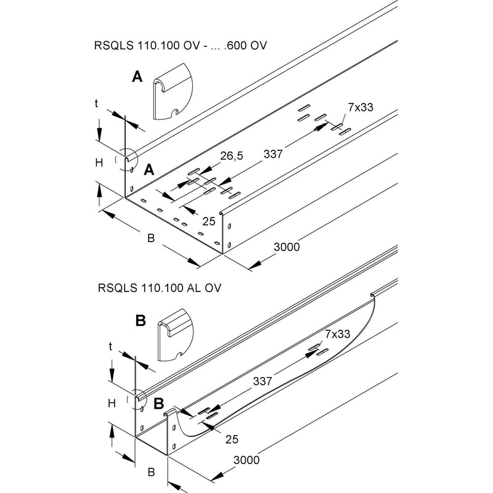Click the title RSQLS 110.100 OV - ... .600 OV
pos(180,46)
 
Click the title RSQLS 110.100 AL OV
pos(160,288)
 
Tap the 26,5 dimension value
pos(232,156)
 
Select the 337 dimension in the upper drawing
pos(273,154)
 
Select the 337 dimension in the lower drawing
pos(263,381)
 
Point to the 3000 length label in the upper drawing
pos(287,247)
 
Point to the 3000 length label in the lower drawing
pos(246,460)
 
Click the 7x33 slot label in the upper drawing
pos(361,107)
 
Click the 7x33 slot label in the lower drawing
pos(337,334)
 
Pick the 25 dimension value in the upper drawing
pos(209,221)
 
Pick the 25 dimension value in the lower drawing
pos(232,439)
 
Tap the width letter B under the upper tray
pos(151,238)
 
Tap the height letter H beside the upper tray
pos(99,163)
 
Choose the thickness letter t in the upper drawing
pos(96,104)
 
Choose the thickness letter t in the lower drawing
pos(110,346)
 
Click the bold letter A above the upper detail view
pos(137,76)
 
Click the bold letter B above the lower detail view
pos(141,321)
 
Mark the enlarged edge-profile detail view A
pos(173,91)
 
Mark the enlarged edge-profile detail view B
pos(176,335)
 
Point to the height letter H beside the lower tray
pos(112,404)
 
